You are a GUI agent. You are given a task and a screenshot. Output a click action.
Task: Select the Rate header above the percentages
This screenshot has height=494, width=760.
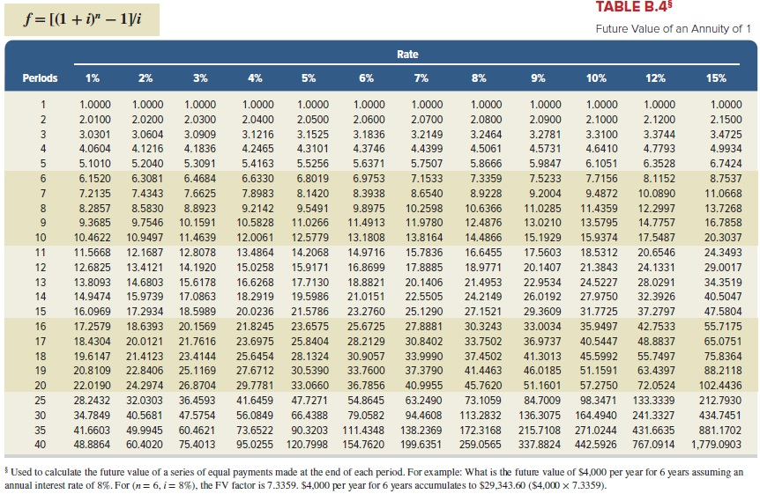(406, 55)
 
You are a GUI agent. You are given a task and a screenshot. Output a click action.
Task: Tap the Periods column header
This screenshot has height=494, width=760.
(41, 78)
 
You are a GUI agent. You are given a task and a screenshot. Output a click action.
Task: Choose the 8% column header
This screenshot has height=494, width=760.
(479, 78)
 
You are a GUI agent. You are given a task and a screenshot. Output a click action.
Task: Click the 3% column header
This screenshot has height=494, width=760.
(200, 78)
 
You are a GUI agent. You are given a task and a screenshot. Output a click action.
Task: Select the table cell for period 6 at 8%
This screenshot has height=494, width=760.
(474, 177)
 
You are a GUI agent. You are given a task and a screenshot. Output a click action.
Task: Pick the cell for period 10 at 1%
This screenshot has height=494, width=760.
(93, 237)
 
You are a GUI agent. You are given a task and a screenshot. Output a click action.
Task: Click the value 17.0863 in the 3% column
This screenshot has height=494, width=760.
(200, 297)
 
